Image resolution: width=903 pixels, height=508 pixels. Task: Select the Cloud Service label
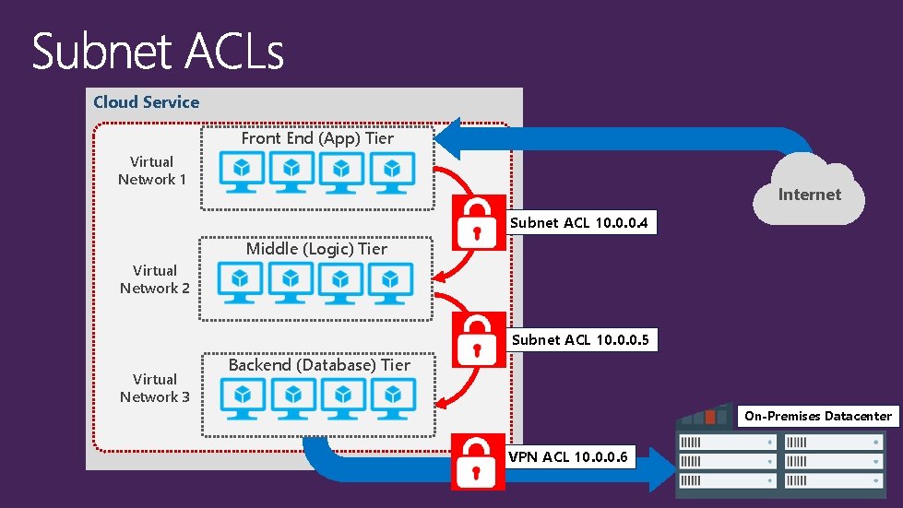pos(146,102)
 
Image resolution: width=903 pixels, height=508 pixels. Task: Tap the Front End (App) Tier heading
pos(317,138)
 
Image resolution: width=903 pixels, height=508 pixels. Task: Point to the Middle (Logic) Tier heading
pos(316,249)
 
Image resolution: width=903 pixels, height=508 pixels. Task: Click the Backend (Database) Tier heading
pos(319,365)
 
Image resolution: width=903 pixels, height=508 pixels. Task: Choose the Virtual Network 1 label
pos(151,171)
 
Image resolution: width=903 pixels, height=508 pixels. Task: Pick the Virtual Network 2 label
pos(154,279)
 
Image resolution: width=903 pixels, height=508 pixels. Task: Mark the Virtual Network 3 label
pos(154,388)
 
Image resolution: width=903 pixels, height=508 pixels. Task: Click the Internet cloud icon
pos(810,192)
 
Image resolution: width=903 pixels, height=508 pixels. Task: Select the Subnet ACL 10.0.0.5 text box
pos(581,340)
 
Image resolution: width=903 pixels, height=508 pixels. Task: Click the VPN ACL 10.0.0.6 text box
pos(570,457)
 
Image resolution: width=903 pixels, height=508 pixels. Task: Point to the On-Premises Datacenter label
pos(818,416)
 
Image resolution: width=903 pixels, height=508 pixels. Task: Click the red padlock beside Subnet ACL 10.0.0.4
pos(478,223)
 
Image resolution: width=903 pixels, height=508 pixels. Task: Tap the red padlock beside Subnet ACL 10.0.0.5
pos(478,340)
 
